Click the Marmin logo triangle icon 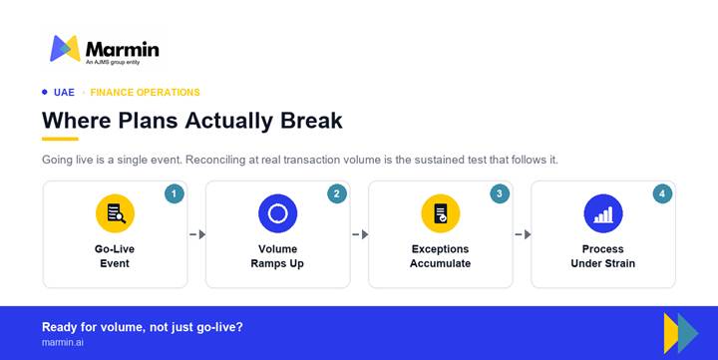(x=65, y=48)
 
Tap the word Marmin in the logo (x=123, y=50)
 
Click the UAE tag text (x=64, y=93)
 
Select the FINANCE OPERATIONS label (x=146, y=93)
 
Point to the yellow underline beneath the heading (x=60, y=139)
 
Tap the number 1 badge (x=174, y=193)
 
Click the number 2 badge (x=337, y=193)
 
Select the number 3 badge (x=500, y=193)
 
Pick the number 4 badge (x=662, y=193)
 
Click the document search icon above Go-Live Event (x=115, y=213)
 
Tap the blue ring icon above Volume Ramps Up (x=277, y=213)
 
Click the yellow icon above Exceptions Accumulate (x=441, y=213)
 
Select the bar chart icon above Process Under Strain (x=603, y=213)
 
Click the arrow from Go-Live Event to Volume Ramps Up (x=197, y=234)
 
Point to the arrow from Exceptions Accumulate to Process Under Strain (x=523, y=234)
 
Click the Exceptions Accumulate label (x=440, y=256)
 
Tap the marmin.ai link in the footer (x=63, y=342)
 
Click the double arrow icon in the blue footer (x=681, y=333)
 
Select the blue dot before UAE (x=45, y=92)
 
